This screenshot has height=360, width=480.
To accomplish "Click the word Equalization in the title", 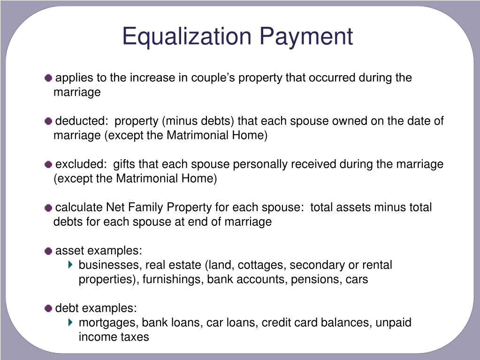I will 187,36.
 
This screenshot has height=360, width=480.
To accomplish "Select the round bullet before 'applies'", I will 49,78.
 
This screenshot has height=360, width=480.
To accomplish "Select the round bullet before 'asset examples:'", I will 49,251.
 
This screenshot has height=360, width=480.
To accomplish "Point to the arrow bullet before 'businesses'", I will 70,265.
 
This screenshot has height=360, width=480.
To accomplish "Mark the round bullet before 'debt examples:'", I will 49,308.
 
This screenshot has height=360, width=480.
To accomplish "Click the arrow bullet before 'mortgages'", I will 70,322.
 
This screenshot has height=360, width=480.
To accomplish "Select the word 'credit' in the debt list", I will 275,323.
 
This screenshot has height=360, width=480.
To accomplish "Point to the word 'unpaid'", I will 393,323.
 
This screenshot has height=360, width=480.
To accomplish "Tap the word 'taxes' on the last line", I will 136,337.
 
